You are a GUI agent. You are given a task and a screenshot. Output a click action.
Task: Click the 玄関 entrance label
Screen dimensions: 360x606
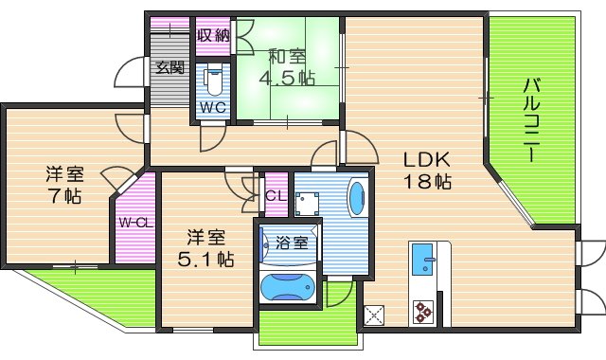click(x=170, y=67)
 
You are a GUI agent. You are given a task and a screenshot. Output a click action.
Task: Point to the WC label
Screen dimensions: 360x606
click(x=211, y=107)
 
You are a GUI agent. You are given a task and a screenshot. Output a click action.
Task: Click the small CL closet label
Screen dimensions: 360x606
click(x=276, y=196)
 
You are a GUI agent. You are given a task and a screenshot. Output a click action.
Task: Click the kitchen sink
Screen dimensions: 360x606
click(x=423, y=257)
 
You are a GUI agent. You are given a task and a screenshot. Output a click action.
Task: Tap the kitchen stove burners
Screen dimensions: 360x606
click(x=423, y=310)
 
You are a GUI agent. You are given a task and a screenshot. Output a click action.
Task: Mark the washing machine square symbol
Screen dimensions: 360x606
click(x=306, y=202)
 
